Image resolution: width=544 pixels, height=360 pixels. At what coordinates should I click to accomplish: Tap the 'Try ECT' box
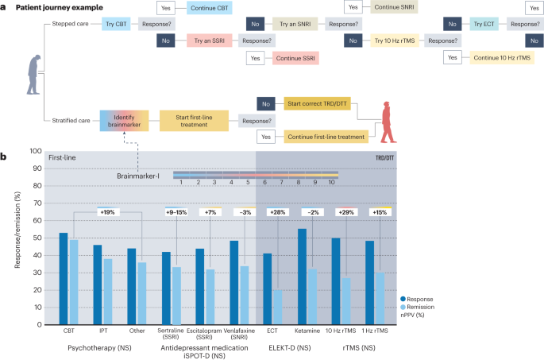pos(484,25)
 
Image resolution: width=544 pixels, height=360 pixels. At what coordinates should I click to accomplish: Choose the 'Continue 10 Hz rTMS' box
pos(496,57)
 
